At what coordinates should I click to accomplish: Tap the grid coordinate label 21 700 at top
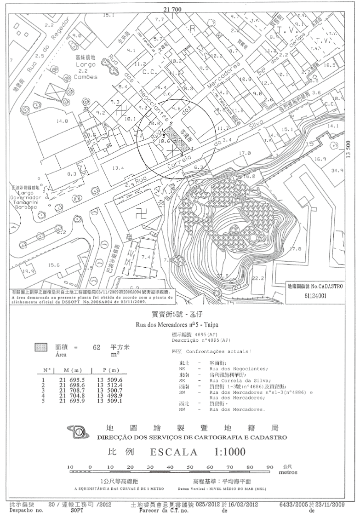tap(173, 9)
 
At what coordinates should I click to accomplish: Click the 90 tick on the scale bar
tap(269, 467)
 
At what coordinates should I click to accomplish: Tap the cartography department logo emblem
tap(79, 432)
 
